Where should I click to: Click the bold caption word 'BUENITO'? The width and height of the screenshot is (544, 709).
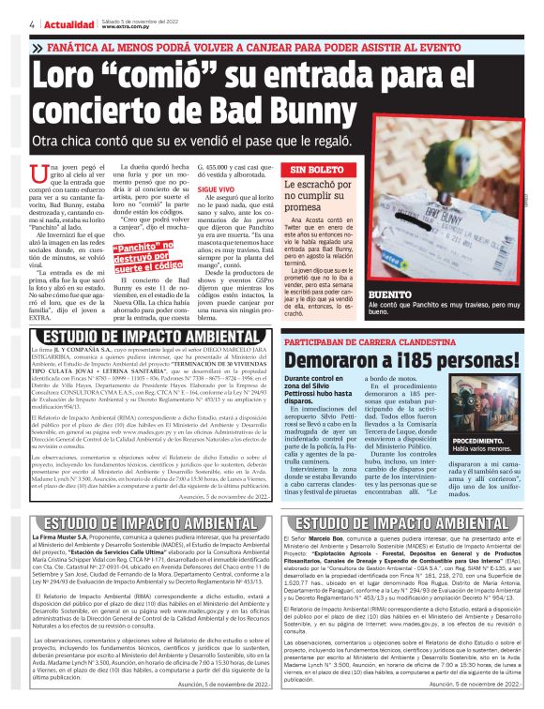[391, 294]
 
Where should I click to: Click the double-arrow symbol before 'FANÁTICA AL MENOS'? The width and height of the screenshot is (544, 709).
[36, 46]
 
